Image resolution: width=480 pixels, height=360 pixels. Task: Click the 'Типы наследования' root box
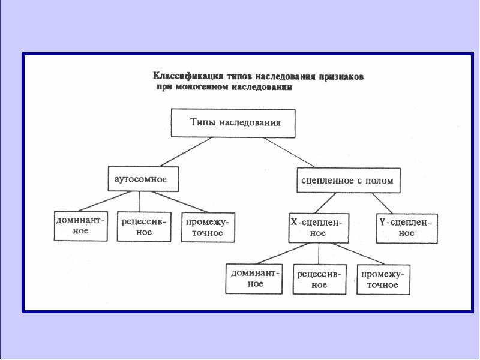pos(233,123)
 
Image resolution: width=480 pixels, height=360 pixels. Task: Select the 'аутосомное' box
pos(143,179)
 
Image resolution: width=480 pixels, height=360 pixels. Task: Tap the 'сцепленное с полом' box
pos(349,181)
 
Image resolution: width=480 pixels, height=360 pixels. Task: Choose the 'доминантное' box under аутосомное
pos(81,226)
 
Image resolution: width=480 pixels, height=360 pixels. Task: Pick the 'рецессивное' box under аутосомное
pos(144,227)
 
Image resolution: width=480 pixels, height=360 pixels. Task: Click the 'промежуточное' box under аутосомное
pos(208,227)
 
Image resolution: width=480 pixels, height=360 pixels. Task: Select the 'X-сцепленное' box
pos(319,228)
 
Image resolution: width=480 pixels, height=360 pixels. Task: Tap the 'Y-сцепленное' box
pos(407,229)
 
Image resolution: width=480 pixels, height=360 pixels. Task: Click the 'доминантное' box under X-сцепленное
pos(254,279)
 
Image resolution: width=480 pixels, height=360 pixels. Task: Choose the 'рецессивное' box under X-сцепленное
pos(320,280)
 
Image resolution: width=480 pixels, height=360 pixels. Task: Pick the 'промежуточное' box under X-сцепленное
pos(383,280)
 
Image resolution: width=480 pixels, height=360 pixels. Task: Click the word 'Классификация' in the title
pos(188,76)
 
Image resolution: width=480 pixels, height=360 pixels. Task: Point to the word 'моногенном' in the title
pos(202,87)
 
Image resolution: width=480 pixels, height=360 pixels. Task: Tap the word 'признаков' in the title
pos(341,77)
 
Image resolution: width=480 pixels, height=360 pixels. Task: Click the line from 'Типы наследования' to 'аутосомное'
pos(185,152)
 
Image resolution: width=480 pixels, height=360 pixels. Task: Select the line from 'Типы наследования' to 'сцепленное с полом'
pos(290,152)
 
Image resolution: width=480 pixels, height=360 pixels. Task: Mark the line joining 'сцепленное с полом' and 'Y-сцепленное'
pos(382,203)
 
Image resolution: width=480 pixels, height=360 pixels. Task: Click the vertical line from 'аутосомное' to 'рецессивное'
pos(139,202)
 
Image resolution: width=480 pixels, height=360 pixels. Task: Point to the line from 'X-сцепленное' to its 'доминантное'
pos(283,253)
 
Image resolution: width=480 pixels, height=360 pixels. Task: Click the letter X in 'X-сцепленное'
pos(294,222)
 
